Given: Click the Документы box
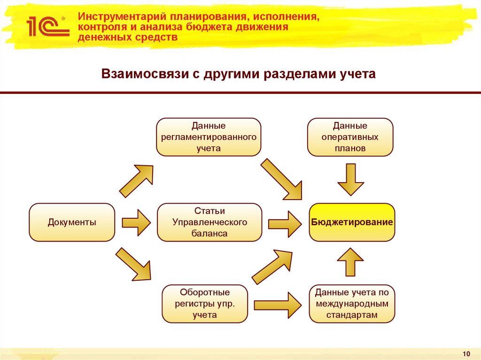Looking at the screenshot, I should coord(72,222).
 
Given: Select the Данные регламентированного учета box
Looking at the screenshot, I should coord(209,137).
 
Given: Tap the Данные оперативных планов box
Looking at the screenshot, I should coord(350,137).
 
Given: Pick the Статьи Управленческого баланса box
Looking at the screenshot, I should coord(209,222).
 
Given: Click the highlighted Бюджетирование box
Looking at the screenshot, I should coord(352,222).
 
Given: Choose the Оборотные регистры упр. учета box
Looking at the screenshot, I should coord(204,304).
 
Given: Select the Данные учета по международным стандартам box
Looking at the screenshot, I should coord(352,304).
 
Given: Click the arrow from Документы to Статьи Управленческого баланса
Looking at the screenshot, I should coord(136,222).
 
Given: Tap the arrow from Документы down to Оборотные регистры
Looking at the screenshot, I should coord(135,263).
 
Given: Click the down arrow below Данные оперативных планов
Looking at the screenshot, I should coord(350,178).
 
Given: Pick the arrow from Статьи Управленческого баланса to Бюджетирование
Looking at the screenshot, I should coord(285,222).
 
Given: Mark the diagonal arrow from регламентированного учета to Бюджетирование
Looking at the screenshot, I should coord(281,179).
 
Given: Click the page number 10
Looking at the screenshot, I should coord(466,353).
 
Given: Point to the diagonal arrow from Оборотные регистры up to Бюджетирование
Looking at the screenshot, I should coord(273,266).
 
